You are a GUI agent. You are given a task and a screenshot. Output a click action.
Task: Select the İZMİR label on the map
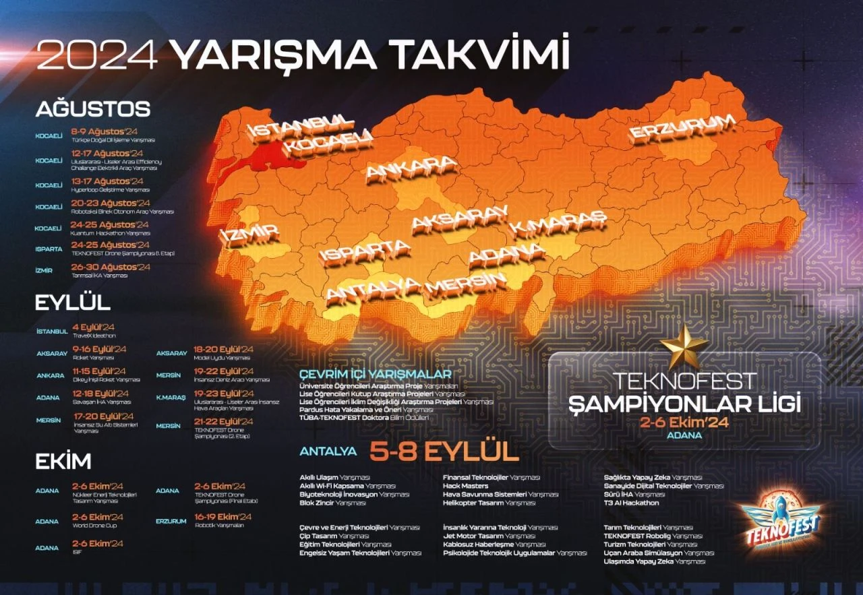coord(249,235)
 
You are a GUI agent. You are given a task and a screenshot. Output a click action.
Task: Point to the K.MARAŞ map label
coord(557,222)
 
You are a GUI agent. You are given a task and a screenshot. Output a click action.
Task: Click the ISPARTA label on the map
coord(365,252)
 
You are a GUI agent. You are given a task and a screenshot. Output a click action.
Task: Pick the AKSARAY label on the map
coord(458,218)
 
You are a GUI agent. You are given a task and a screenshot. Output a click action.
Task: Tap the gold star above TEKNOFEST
coord(684,347)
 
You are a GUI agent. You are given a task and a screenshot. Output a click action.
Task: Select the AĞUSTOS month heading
coord(93,109)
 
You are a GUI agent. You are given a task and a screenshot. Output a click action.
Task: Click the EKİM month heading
coord(63,462)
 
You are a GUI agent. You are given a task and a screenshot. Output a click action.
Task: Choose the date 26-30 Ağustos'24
coord(111,267)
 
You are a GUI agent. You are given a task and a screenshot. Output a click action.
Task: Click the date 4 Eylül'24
coord(94,327)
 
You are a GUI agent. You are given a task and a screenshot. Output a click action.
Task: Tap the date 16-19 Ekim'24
coord(222,517)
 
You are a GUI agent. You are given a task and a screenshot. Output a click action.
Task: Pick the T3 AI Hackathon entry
coord(632,503)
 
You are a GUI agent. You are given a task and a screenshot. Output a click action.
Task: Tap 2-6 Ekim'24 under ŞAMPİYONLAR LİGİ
coord(685,422)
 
